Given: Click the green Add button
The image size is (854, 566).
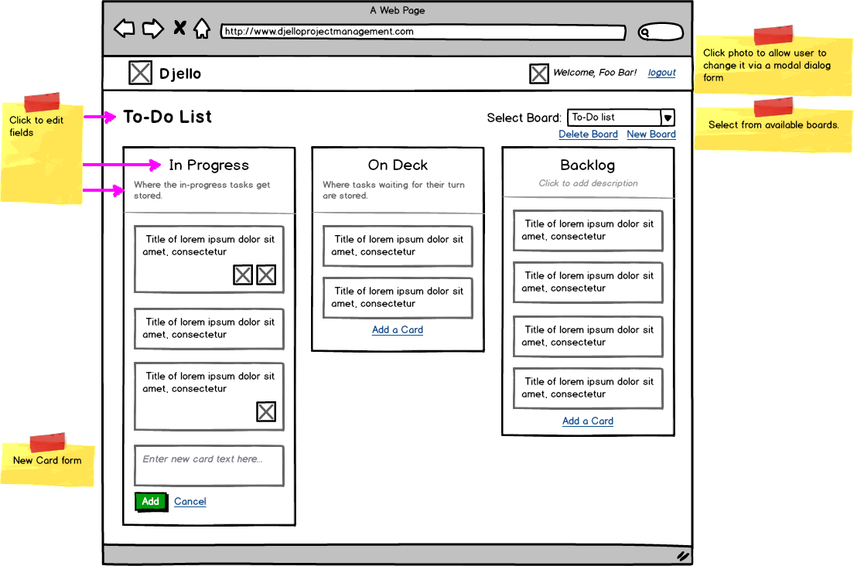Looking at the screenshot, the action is pos(150,502).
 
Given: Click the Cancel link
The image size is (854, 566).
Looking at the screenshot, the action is pos(190,502).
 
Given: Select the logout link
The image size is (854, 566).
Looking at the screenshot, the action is pos(661,73).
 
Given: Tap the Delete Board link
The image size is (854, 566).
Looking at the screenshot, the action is pos(588,135).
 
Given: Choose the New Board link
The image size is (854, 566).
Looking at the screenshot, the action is pos(651,135).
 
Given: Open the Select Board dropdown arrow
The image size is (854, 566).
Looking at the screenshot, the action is pos(668,118).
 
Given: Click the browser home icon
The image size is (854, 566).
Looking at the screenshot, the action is pos(202,29).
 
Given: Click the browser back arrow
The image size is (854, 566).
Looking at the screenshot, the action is pos(124,29).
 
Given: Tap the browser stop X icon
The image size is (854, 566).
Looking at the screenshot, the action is pos(179,29).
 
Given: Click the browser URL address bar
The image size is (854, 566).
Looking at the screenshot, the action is pos(422,32).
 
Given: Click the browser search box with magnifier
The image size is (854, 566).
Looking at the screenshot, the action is pos(661,32).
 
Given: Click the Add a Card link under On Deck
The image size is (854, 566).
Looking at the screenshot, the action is pos(398,330).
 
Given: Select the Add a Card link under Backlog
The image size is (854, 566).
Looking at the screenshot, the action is pos(588,421).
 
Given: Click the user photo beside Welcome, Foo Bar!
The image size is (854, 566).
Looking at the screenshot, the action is pos(539,73).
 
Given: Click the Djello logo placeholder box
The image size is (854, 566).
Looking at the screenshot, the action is pos(140,73).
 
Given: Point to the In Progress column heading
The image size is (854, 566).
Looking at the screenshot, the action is pos(209,165).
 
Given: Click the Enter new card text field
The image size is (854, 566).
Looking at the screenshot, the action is pos(209,465).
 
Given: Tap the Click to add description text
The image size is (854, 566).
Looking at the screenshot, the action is pos(588,184).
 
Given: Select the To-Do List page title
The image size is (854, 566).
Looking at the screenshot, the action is pos(167,118).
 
